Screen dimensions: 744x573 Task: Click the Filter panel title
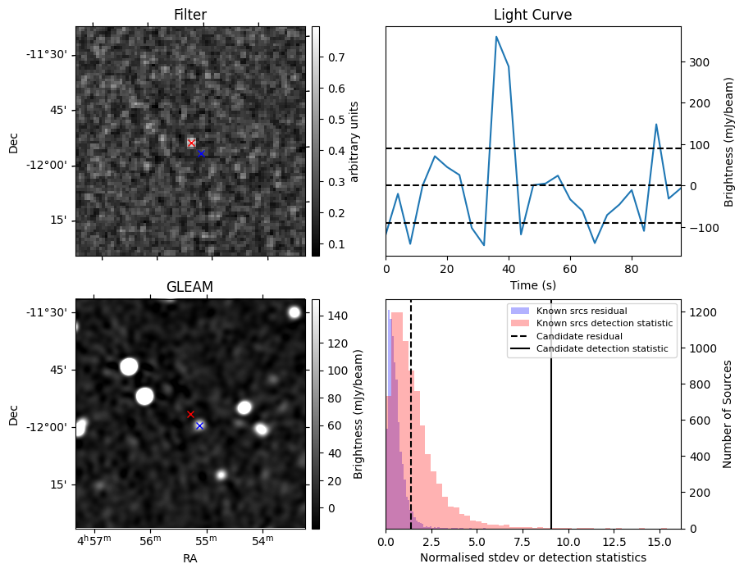click(190, 15)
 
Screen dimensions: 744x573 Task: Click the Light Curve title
click(533, 15)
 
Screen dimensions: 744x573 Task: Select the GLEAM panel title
click(189, 287)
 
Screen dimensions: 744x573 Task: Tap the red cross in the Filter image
click(191, 143)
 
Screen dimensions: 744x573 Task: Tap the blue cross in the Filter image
click(201, 153)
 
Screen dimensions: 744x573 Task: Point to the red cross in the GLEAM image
click(190, 415)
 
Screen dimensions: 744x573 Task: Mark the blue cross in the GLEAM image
click(200, 426)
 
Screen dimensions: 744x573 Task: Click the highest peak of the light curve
click(496, 37)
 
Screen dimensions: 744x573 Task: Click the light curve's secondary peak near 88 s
click(656, 125)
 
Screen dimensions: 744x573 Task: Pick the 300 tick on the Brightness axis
click(700, 62)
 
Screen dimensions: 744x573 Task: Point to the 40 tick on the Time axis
click(509, 269)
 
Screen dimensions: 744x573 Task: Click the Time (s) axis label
click(533, 285)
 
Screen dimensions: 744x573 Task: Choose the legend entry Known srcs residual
click(582, 312)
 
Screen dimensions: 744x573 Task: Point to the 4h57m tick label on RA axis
click(94, 540)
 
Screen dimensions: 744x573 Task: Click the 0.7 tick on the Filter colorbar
click(336, 57)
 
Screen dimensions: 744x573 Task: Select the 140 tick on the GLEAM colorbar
click(338, 316)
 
